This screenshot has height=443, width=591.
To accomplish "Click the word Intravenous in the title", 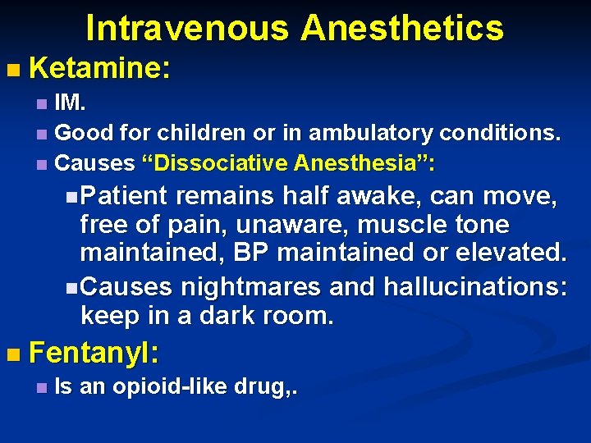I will click(x=186, y=28).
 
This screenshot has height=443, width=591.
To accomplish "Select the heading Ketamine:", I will click(x=99, y=68).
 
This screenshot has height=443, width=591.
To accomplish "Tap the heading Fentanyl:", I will click(x=94, y=354).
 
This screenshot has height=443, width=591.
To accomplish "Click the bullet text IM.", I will click(x=71, y=105).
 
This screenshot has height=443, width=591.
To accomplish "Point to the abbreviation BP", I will click(x=250, y=253).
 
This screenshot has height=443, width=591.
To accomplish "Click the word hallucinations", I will click(x=470, y=287).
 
